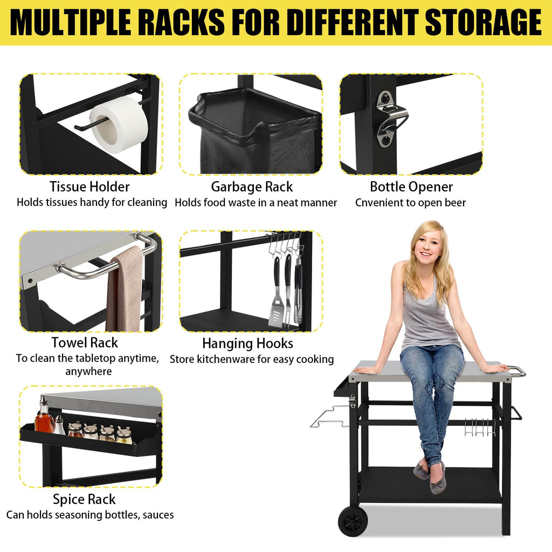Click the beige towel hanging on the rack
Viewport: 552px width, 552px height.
pos(125,289)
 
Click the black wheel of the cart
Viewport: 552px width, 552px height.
pos(353,521)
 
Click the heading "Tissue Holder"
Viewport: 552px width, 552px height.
pos(89,187)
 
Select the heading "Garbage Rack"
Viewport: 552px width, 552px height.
pos(252,187)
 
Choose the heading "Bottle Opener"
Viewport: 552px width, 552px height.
pos(411,187)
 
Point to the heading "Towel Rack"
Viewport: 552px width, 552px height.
pos(85,342)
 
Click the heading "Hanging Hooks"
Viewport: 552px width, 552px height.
pos(247,343)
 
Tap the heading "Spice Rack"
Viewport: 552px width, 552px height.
pos(84,499)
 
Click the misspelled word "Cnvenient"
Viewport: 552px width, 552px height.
pos(379,203)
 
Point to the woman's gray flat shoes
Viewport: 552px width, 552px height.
pos(430,476)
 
